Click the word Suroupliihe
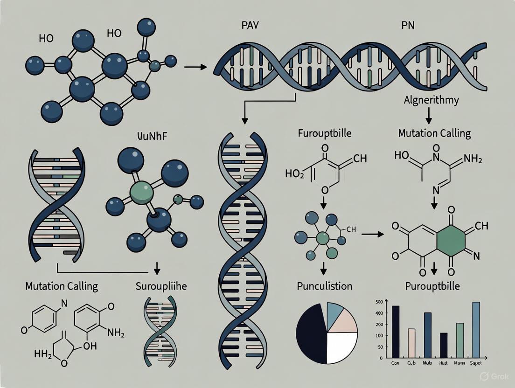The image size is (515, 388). pyautogui.click(x=161, y=286)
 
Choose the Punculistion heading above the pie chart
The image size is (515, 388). pyautogui.click(x=325, y=286)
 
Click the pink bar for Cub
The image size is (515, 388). pyautogui.click(x=411, y=343)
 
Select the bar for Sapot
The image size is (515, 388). pyautogui.click(x=476, y=330)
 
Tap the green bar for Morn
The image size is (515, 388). pyautogui.click(x=459, y=340)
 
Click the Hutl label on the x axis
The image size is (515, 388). pyautogui.click(x=443, y=362)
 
